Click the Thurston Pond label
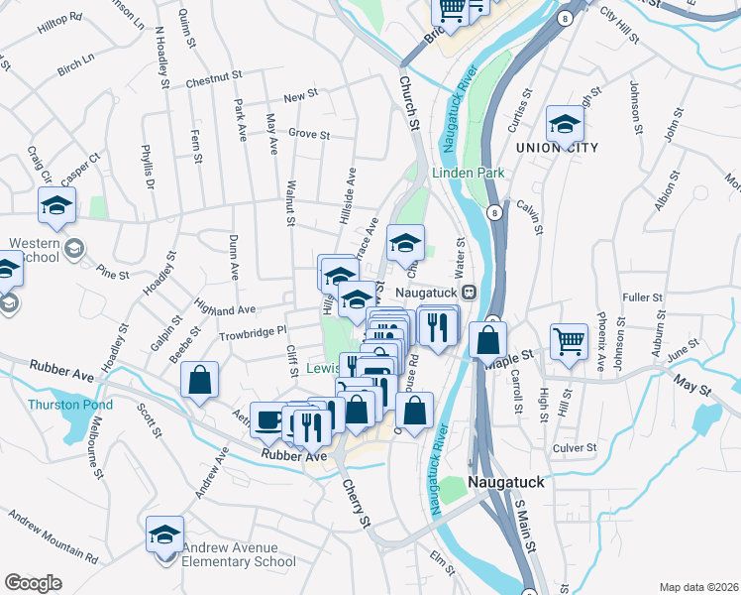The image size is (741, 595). pyautogui.click(x=70, y=405)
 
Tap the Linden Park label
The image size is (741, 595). pyautogui.click(x=469, y=173)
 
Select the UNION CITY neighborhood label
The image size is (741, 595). pyautogui.click(x=557, y=148)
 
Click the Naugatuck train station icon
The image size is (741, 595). pyautogui.click(x=470, y=293)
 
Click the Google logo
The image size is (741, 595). pyautogui.click(x=33, y=583)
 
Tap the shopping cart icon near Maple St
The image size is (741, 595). pyautogui.click(x=570, y=342)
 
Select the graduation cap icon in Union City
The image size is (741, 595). pyautogui.click(x=565, y=124)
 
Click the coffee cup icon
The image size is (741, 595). pyautogui.click(x=268, y=419)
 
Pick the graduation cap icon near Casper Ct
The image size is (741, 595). pyautogui.click(x=57, y=206)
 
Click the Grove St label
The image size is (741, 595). pyautogui.click(x=308, y=133)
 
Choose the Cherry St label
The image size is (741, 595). pyautogui.click(x=356, y=504)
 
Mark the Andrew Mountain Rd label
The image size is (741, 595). pyautogui.click(x=53, y=537)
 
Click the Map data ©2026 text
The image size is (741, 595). pyautogui.click(x=698, y=587)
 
